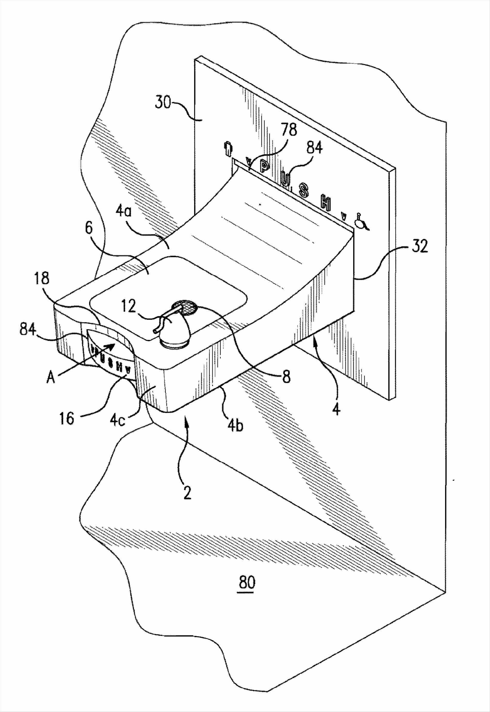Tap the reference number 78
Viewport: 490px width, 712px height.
(x=288, y=131)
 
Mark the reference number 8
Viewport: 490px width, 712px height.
(x=286, y=377)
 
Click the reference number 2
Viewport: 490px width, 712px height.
(x=188, y=494)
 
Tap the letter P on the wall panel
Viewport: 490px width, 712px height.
(x=264, y=166)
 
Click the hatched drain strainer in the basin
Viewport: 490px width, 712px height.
(x=185, y=307)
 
